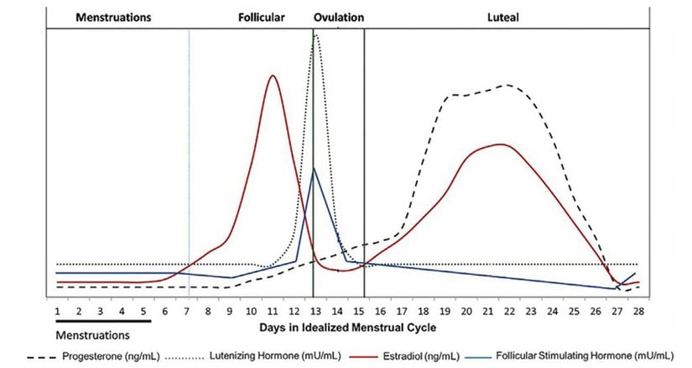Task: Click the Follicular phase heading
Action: click(x=261, y=16)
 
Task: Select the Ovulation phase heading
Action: click(x=339, y=16)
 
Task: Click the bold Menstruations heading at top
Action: click(x=112, y=16)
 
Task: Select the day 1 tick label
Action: click(x=58, y=311)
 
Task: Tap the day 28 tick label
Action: click(x=638, y=311)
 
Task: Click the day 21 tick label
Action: click(x=487, y=311)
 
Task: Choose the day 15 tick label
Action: click(x=358, y=311)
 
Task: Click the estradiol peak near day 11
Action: click(x=273, y=76)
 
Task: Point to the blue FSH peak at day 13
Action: click(x=315, y=168)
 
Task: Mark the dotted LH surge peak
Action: click(x=315, y=35)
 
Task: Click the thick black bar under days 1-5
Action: click(x=103, y=320)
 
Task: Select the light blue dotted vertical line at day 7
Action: click(x=190, y=168)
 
